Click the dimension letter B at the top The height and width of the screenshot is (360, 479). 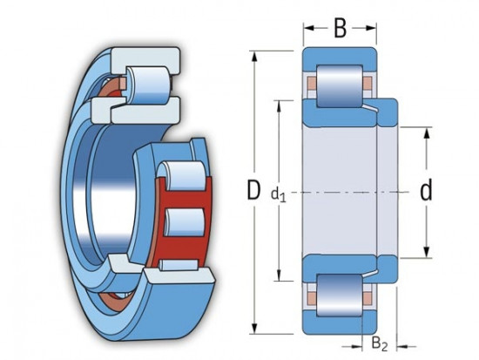(340, 29)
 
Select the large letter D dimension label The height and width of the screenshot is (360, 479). (253, 190)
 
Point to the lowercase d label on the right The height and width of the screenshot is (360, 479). (426, 191)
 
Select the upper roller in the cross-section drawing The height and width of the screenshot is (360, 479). (340, 85)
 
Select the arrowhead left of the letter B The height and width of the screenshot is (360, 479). (307, 29)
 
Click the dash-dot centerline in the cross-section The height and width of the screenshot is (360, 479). (348, 192)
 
